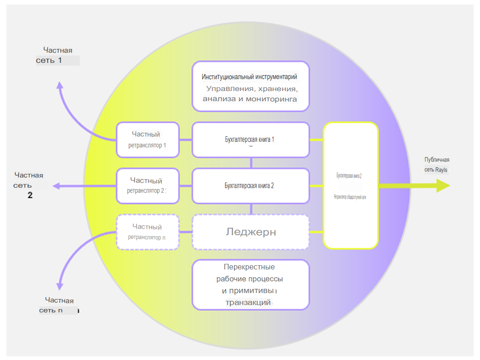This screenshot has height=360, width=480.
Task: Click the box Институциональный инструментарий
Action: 250,86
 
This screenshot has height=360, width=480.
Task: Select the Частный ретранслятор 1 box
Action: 148,139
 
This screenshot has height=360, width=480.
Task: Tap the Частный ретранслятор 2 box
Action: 148,185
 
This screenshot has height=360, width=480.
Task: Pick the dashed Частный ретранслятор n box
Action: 148,232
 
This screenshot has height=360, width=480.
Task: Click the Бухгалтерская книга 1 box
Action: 250,140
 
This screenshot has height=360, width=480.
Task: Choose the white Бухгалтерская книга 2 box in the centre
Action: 250,186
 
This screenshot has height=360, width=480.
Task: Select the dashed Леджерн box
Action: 250,232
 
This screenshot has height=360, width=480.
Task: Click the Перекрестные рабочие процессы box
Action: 250,284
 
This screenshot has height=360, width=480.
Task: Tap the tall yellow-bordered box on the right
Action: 351,185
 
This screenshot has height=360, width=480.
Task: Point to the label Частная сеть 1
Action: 58,55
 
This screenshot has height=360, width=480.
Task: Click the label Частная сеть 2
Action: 29,185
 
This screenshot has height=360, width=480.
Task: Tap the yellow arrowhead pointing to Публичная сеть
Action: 443,185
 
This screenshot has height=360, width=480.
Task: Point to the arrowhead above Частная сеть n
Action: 60,286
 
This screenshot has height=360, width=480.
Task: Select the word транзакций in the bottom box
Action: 249,303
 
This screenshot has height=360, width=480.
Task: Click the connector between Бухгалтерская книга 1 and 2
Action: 251,163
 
